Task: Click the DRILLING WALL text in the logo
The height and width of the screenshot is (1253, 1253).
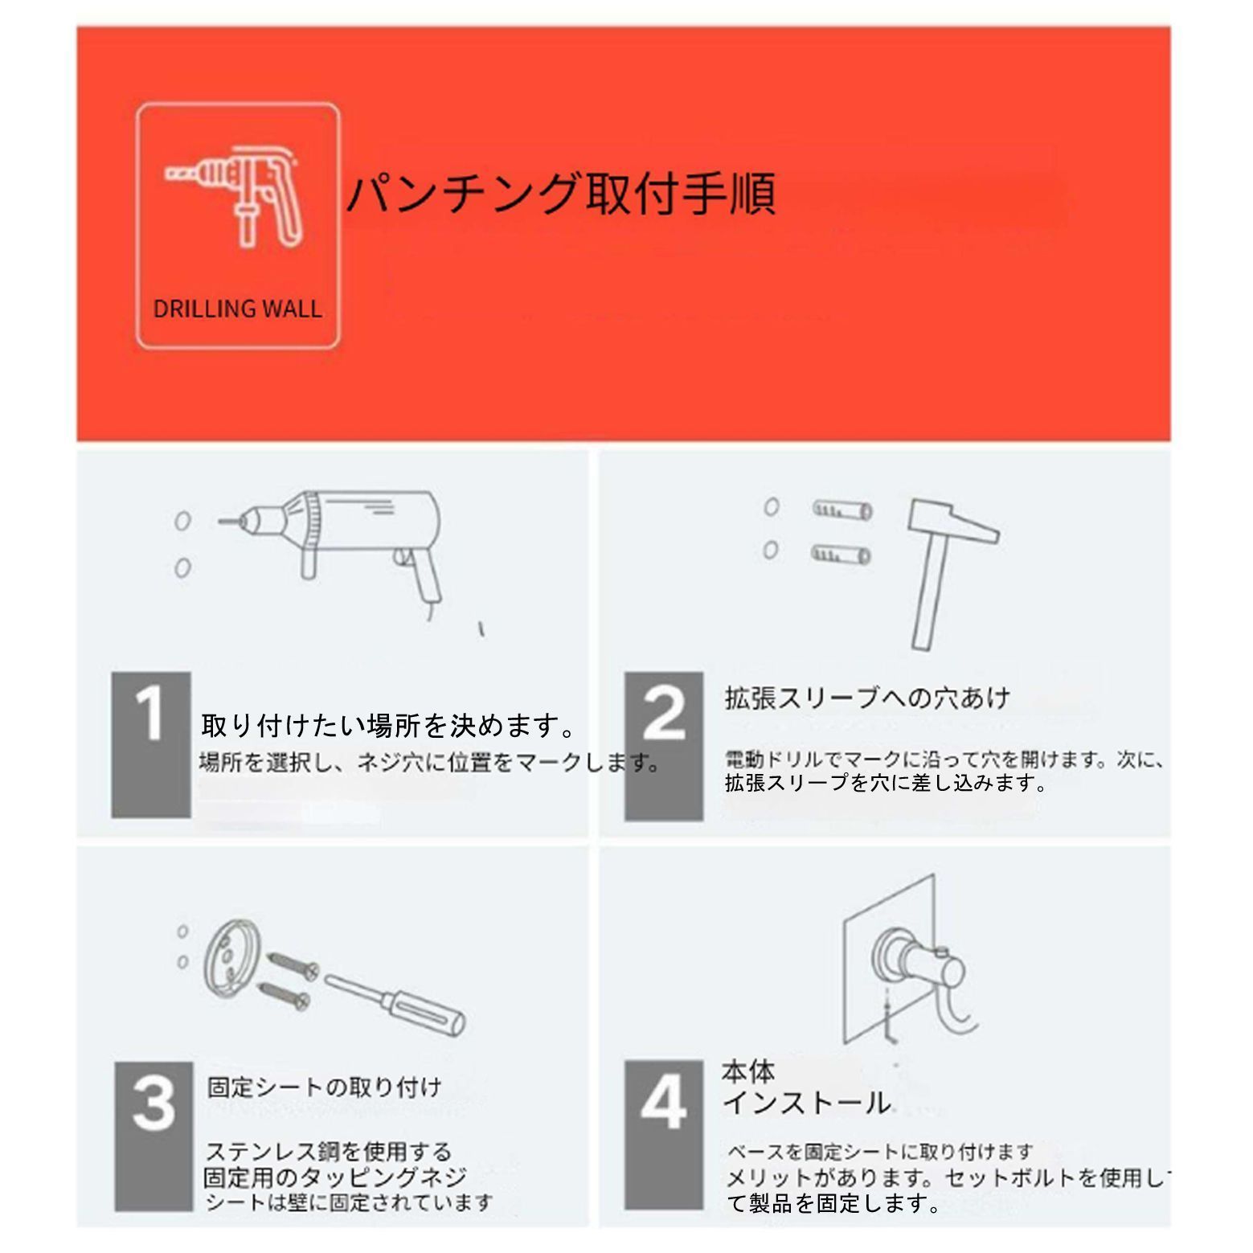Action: tap(237, 309)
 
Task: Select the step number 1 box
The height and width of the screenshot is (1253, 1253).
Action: tap(151, 744)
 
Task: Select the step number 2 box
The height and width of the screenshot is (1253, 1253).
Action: tap(664, 745)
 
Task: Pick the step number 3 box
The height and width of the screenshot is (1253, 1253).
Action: tap(154, 1136)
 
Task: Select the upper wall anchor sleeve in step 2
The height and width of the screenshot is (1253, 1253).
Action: tap(841, 510)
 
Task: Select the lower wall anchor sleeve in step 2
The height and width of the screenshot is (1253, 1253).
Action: tap(841, 554)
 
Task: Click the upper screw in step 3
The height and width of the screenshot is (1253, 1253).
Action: tap(293, 964)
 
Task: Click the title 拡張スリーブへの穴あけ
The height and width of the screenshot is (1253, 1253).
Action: tap(867, 697)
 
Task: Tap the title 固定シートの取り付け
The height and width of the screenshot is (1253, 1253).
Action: tap(325, 1087)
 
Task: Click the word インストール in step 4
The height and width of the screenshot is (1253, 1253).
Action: tap(807, 1103)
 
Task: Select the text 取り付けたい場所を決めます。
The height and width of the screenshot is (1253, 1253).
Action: tap(389, 725)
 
